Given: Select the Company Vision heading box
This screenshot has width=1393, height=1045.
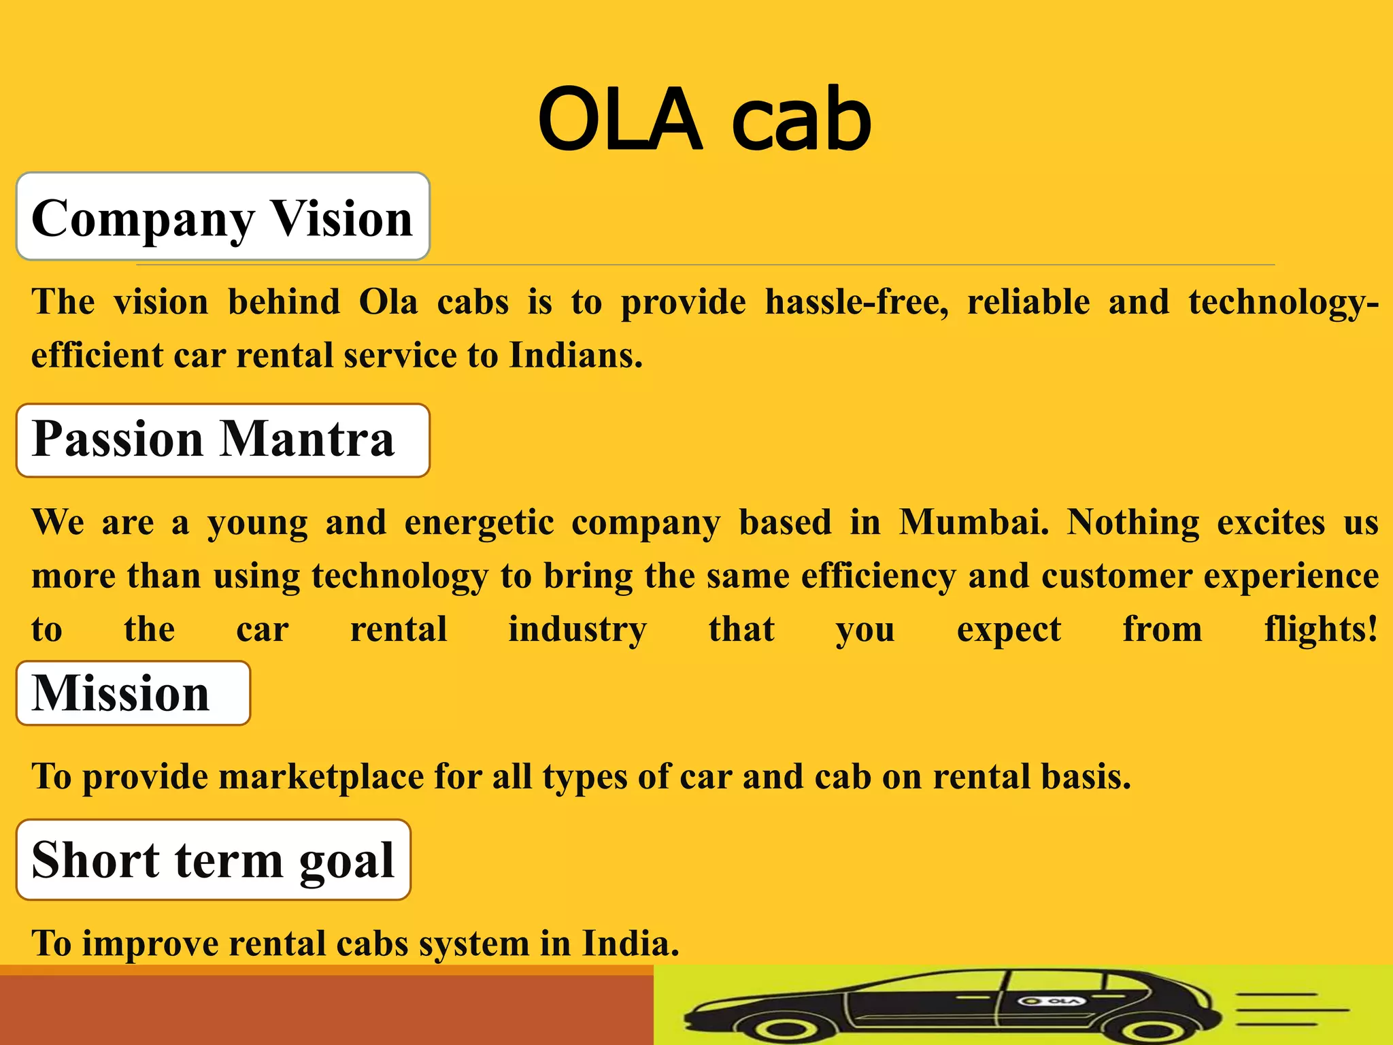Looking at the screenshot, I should coord(223,216).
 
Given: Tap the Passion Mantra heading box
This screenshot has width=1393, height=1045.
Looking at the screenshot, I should coord(223,439).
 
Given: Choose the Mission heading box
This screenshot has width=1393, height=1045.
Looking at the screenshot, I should coord(133,693).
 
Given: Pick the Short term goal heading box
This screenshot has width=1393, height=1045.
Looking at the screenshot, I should coord(214,859).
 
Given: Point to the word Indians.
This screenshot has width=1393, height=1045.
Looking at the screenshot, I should coord(575,354).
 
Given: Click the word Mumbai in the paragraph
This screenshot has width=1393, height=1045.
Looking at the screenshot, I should coord(974,522).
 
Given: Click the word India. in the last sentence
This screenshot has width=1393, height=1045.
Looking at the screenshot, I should coord(631,943).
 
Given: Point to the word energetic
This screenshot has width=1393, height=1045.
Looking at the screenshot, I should coord(479,523).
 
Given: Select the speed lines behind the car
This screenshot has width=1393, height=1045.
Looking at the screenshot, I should coord(1289,1010).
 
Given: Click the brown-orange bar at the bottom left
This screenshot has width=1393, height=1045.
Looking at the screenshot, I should coord(326,1010).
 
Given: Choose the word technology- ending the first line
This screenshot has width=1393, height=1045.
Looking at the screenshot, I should coord(1283,303).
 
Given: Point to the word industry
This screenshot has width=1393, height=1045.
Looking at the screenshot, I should coord(577,629).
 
